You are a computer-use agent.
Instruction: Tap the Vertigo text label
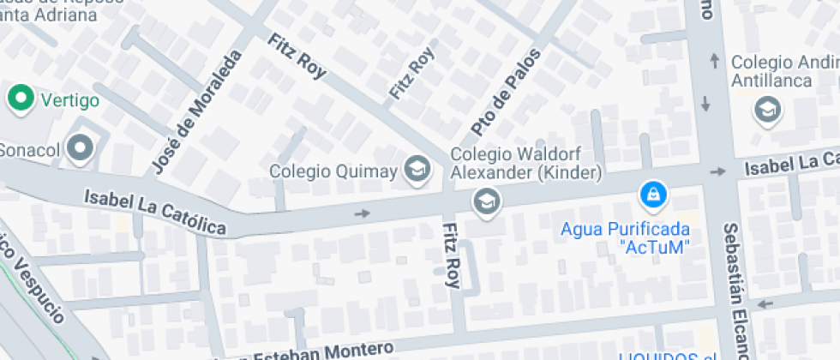coord(70,100)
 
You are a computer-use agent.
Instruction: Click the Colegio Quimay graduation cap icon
coord(417,169)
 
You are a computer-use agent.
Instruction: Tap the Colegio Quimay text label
coord(333,171)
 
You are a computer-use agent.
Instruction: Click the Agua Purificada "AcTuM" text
coord(625,238)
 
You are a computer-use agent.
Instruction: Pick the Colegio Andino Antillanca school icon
coord(767,111)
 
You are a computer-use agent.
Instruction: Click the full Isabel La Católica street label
coord(155,211)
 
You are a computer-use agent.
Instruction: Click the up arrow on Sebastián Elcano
coord(714,61)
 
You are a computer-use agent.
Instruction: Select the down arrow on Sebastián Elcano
coord(705,104)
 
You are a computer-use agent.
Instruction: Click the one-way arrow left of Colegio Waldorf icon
coord(363,213)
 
